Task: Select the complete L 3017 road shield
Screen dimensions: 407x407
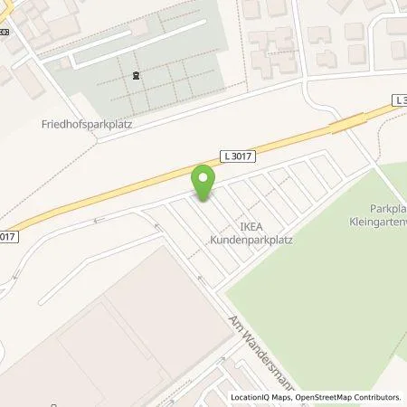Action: tap(237, 156)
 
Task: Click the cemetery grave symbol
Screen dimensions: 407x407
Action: tap(135, 75)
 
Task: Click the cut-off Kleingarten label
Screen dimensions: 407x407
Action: tap(377, 221)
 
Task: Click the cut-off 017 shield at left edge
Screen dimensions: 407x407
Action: tap(7, 237)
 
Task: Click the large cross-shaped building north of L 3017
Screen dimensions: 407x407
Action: tap(271, 45)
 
